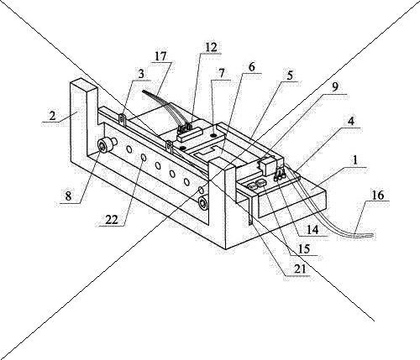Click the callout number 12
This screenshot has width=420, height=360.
point(211,47)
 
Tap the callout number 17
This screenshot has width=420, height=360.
point(160,56)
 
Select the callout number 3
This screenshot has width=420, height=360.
point(141,74)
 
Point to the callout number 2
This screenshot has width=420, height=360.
point(52,116)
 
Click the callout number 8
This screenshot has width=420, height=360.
point(68,196)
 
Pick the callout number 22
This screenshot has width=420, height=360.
point(112,220)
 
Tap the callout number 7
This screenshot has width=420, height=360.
point(222,74)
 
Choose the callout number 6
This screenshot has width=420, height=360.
point(252,67)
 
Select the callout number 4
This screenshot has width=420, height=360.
point(351,122)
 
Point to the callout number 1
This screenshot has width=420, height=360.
point(355,161)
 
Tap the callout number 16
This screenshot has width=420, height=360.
point(378,195)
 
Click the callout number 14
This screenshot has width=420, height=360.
point(312,230)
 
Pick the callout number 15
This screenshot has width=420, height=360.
point(304,248)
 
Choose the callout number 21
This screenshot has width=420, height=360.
point(299,269)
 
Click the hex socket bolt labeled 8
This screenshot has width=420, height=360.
point(104,145)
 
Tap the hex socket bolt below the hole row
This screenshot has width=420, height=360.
point(202,203)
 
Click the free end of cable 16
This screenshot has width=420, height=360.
point(373,235)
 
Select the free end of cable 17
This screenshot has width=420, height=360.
point(144,91)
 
